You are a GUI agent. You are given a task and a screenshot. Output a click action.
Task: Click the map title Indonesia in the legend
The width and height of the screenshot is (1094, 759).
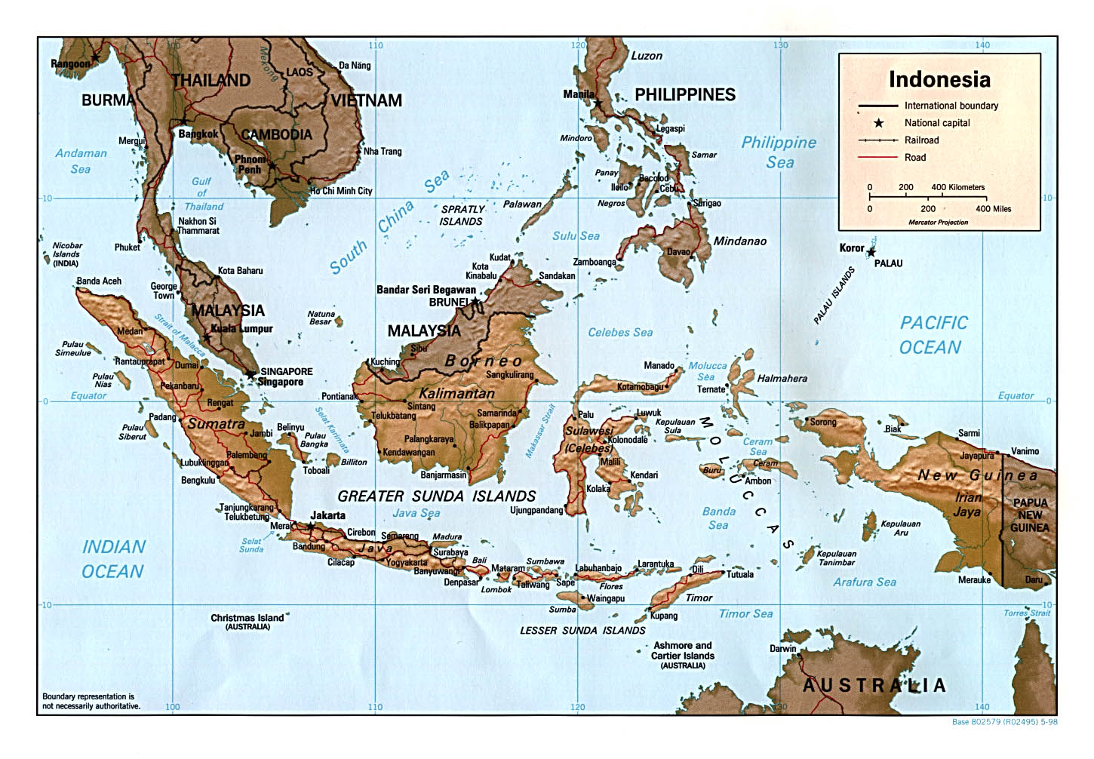point(939,79)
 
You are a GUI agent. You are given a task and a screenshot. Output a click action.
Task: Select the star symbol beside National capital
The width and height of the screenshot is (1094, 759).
point(878,123)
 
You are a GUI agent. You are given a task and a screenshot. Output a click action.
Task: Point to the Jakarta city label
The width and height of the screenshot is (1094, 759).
point(328,515)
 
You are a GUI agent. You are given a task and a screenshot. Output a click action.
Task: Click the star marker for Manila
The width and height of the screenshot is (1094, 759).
point(598,104)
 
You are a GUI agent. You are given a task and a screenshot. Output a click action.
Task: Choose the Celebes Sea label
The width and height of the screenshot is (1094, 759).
point(620,332)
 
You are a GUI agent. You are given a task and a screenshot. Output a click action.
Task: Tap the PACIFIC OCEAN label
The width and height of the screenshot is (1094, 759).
point(933,335)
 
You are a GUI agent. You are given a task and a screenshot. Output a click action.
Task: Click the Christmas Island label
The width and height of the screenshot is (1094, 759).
point(247,618)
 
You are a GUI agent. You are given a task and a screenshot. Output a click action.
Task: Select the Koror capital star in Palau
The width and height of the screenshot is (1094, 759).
point(871,252)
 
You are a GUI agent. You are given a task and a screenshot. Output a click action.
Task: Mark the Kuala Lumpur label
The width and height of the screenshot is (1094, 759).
point(241,329)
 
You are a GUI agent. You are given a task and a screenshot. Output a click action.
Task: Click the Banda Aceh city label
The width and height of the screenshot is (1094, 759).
point(99,281)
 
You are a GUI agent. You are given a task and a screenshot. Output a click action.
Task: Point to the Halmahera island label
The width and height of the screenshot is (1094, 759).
point(782,379)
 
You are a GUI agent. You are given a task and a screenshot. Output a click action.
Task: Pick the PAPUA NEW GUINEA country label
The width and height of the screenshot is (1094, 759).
point(1030,515)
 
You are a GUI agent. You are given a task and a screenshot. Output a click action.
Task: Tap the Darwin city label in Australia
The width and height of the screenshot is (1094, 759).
point(782,649)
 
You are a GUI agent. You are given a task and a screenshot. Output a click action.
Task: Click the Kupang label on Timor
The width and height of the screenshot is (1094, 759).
point(664,616)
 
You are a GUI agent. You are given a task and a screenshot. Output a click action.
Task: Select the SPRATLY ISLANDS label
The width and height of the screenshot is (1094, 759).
point(462,216)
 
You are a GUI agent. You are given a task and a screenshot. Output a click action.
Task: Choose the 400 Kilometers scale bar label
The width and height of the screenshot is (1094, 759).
point(957,187)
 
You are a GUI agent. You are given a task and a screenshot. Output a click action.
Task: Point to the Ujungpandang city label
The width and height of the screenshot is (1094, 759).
point(536,510)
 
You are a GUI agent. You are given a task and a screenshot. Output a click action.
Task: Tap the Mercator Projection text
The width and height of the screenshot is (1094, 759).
point(938,223)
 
